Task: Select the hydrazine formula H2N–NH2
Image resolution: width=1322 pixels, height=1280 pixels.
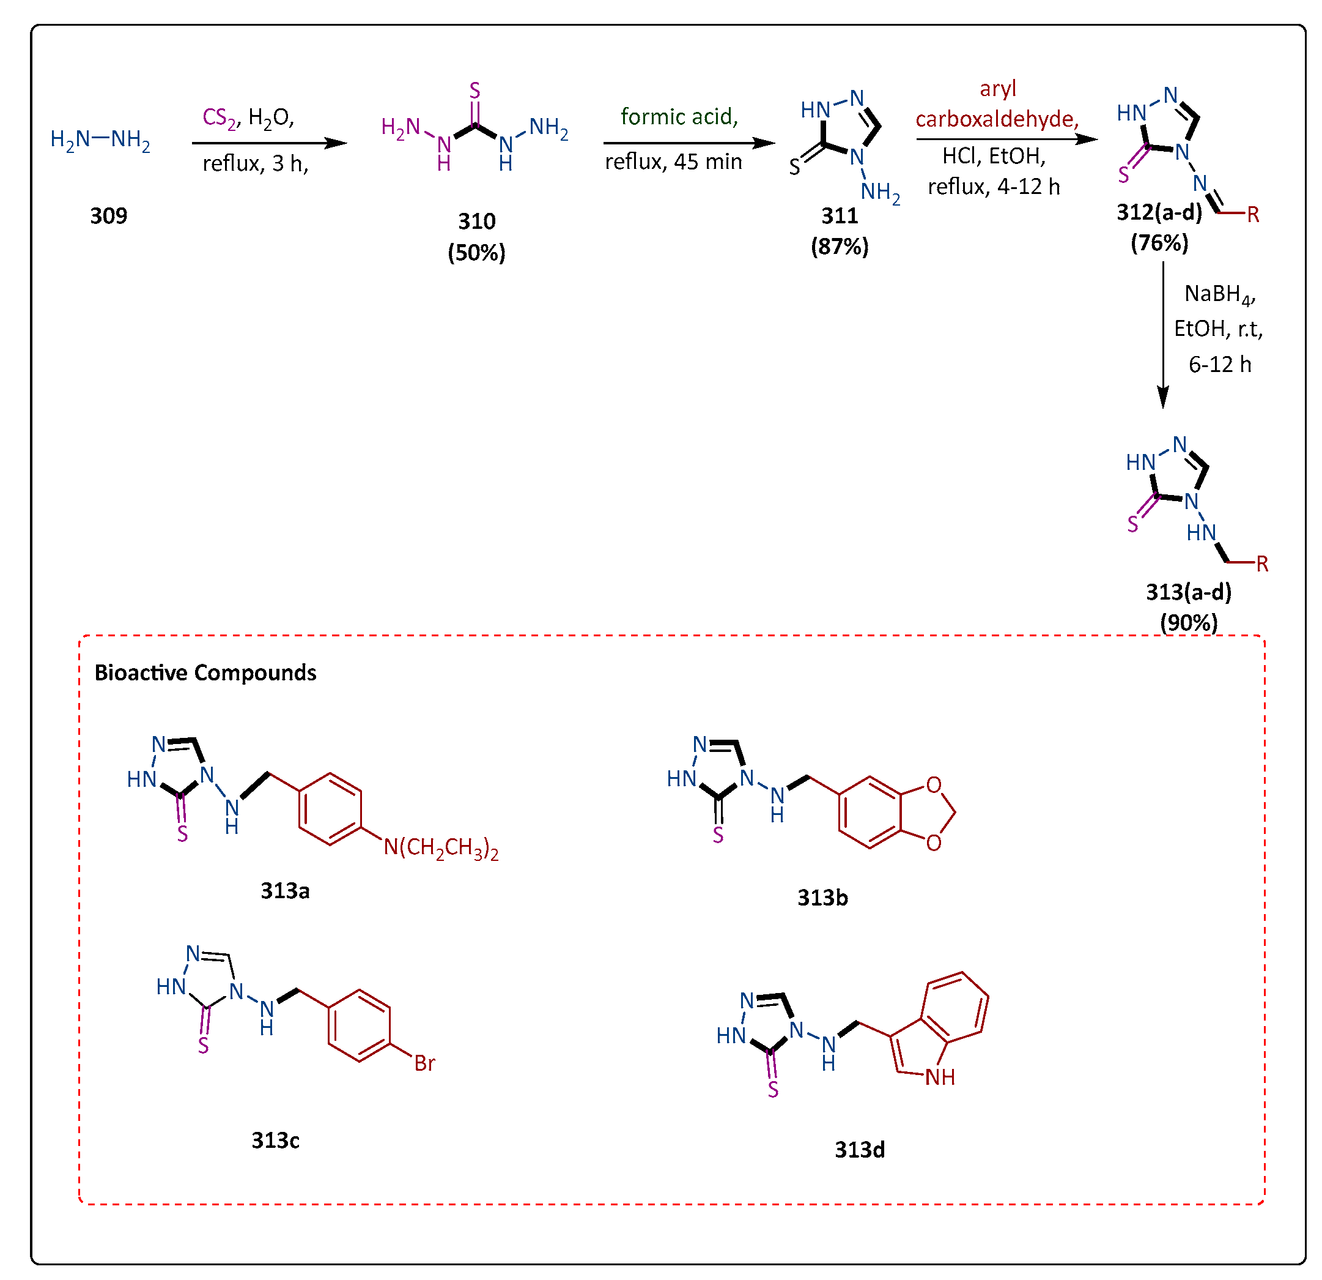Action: pos(100,140)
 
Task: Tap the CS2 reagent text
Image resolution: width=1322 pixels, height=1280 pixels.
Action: pos(219,118)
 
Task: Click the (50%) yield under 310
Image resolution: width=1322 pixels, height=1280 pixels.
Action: pos(476,253)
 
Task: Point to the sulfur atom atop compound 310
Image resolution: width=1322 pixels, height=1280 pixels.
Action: pos(475,90)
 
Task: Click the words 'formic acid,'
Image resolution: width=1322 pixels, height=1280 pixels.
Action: pos(679,117)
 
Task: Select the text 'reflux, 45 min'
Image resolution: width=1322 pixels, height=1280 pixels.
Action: pos(673,162)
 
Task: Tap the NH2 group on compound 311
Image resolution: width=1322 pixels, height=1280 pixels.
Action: pos(879,192)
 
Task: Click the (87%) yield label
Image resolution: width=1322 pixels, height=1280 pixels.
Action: pos(839,247)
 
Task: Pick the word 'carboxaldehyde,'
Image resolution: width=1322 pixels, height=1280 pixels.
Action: pos(996,119)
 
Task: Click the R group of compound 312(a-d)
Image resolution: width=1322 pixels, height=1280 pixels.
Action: pos(1252,215)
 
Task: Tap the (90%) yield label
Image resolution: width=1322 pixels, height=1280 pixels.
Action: pos(1189,622)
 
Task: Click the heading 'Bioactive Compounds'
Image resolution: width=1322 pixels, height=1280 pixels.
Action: pos(205,672)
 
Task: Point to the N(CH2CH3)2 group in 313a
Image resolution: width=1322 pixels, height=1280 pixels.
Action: pos(441,848)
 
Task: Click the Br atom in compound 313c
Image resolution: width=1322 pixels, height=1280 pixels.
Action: pos(424,1064)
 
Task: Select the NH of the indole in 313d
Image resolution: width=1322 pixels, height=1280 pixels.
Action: pos(940,1077)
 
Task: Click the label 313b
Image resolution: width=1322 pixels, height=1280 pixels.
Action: pos(822,898)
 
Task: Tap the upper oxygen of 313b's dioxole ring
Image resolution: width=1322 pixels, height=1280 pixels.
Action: pos(934,785)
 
